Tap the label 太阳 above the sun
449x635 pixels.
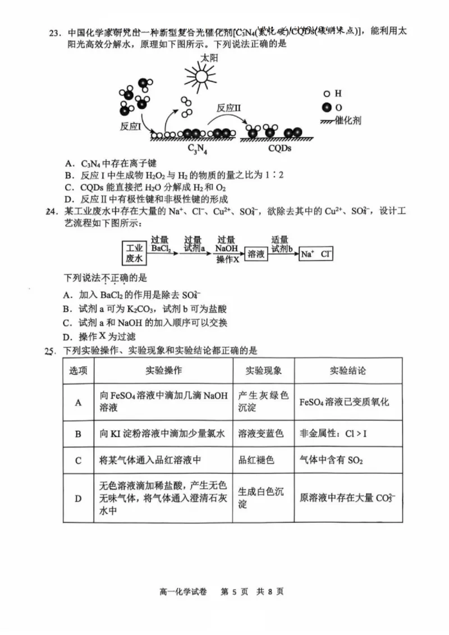point(206,58)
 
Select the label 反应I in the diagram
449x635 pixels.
point(131,126)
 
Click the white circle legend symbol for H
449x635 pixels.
point(326,94)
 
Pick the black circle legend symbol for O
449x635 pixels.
point(326,107)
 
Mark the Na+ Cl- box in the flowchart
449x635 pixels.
point(316,254)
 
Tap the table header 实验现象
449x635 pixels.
point(263,371)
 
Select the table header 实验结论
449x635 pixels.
point(347,371)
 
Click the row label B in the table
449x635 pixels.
point(78,433)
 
